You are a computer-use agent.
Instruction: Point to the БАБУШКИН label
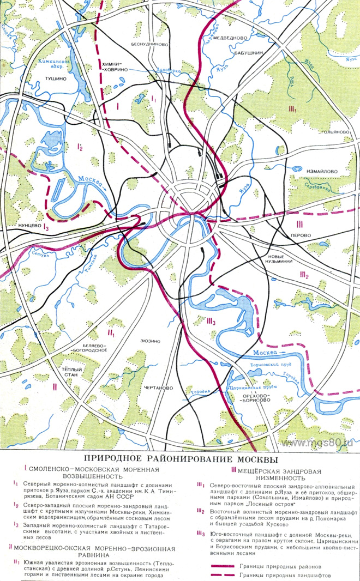(x=250, y=53)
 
